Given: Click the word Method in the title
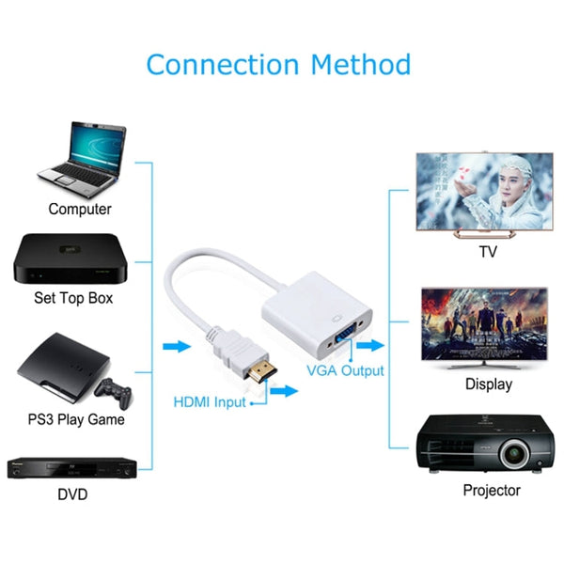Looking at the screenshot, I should point(362,65).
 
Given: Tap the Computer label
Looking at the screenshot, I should point(80,209).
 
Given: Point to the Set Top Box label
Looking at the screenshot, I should point(73,298).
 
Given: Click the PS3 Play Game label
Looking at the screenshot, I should point(76,418).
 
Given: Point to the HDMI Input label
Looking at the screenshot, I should point(209,402).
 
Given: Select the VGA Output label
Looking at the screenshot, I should point(346,370).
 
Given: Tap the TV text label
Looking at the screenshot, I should point(488,252).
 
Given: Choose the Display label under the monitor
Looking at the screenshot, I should point(489,384).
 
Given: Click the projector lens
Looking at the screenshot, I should point(512,455).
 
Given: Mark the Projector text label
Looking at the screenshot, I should point(491,490).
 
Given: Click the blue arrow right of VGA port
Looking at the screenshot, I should point(371,345).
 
